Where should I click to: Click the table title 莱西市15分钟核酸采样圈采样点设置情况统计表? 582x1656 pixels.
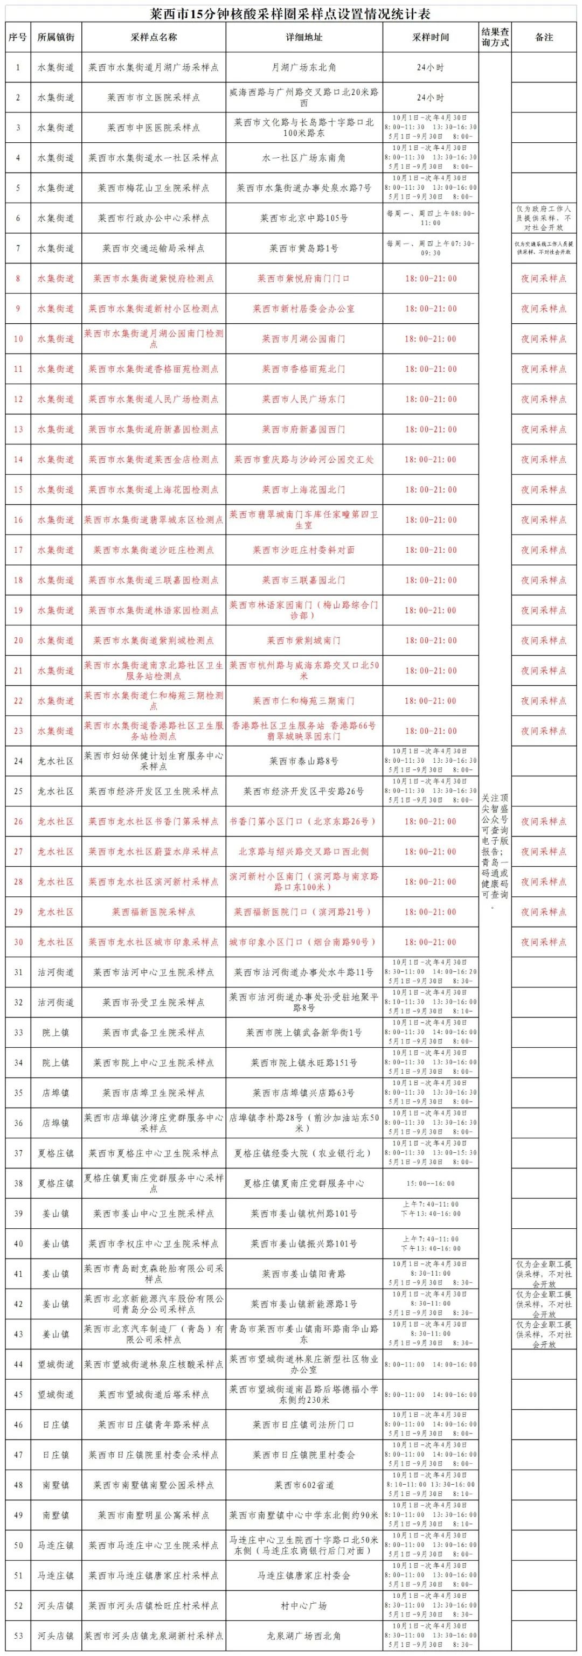(290, 14)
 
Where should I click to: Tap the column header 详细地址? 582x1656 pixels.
(303, 38)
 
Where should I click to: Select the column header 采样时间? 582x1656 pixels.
(430, 38)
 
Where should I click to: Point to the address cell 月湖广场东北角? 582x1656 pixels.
(303, 67)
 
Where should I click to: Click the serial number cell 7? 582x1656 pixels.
(18, 248)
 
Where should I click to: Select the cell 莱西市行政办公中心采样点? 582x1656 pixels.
(153, 218)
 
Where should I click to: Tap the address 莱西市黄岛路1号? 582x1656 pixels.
(303, 248)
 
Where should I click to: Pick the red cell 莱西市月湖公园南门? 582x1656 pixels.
(303, 339)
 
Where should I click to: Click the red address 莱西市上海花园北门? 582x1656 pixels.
(303, 489)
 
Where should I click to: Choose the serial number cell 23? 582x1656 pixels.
(18, 731)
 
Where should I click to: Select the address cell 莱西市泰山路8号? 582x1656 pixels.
(303, 761)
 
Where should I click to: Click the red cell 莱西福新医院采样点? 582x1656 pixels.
(153, 912)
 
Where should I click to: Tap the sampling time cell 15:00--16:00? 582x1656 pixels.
(430, 1184)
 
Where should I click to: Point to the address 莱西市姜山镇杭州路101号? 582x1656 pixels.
(303, 1214)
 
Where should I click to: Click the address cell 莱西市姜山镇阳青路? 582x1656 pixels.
(303, 1274)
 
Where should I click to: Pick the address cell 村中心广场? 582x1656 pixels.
(303, 1605)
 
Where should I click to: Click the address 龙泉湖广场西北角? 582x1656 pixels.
(303, 1636)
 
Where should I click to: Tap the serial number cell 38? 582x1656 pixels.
(18, 1184)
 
